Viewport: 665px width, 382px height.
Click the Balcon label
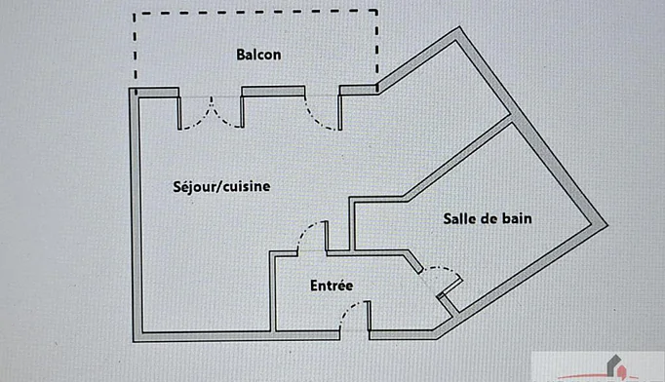tap(258, 55)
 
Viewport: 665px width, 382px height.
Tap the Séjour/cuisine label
tap(221, 186)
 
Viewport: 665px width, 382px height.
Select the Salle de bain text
tap(488, 218)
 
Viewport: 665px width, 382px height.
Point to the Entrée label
tap(332, 286)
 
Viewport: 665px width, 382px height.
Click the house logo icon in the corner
tap(616, 365)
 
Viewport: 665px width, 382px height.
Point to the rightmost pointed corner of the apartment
tap(607, 225)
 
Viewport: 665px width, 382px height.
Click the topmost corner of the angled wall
tap(459, 27)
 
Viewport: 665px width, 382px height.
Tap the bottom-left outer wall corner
tap(134, 341)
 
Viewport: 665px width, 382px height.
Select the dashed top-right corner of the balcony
tap(376, 11)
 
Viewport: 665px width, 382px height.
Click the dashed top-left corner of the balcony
tap(135, 14)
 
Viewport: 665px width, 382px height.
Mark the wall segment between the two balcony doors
tap(273, 92)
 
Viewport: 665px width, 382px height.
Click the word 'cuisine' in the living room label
tap(247, 186)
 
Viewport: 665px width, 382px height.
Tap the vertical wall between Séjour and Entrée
tap(272, 291)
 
